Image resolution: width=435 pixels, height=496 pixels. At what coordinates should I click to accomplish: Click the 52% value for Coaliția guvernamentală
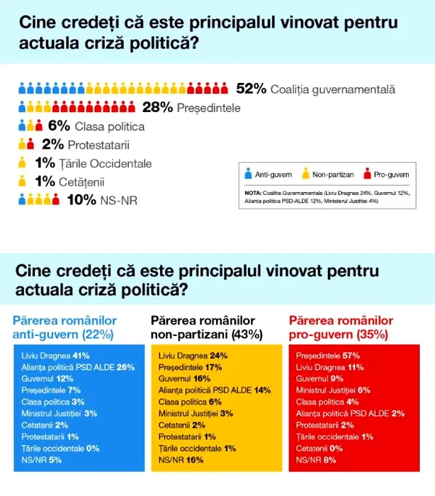[x=251, y=89]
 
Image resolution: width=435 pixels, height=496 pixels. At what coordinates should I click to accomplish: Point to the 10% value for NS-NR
[x=81, y=200]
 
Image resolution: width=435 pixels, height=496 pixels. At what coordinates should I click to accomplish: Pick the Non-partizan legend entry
[x=327, y=173]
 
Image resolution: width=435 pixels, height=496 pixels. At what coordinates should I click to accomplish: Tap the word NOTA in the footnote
[x=252, y=193]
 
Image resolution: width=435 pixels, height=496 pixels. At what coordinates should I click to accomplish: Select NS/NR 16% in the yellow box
[x=181, y=460]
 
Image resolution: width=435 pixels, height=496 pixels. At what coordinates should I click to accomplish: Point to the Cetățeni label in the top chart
[x=81, y=181]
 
